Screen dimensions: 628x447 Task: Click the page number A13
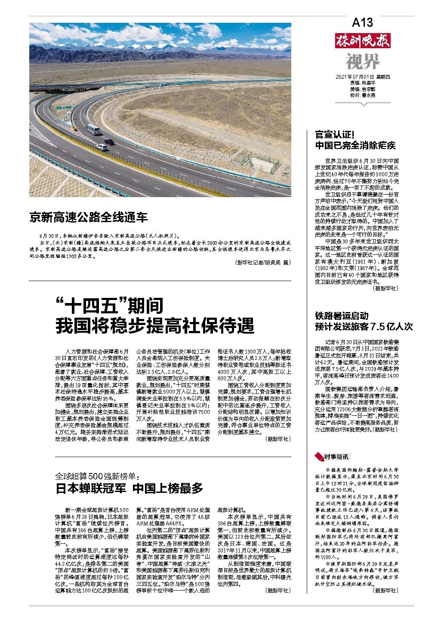pyautogui.click(x=362, y=22)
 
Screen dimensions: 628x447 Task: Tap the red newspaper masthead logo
pyautogui.click(x=363, y=42)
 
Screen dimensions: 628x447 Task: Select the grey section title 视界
pyautogui.click(x=363, y=62)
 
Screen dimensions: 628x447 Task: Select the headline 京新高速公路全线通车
pyautogui.click(x=88, y=217)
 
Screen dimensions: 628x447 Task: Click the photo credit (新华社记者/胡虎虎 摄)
pyautogui.click(x=263, y=263)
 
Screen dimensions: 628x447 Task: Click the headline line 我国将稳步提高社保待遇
pyautogui.click(x=155, y=325)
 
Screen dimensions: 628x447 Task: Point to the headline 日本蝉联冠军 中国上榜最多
pyautogui.click(x=129, y=488)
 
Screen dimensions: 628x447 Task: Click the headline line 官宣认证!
pyautogui.click(x=334, y=134)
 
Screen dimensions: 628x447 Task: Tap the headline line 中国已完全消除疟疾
pyautogui.click(x=355, y=145)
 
